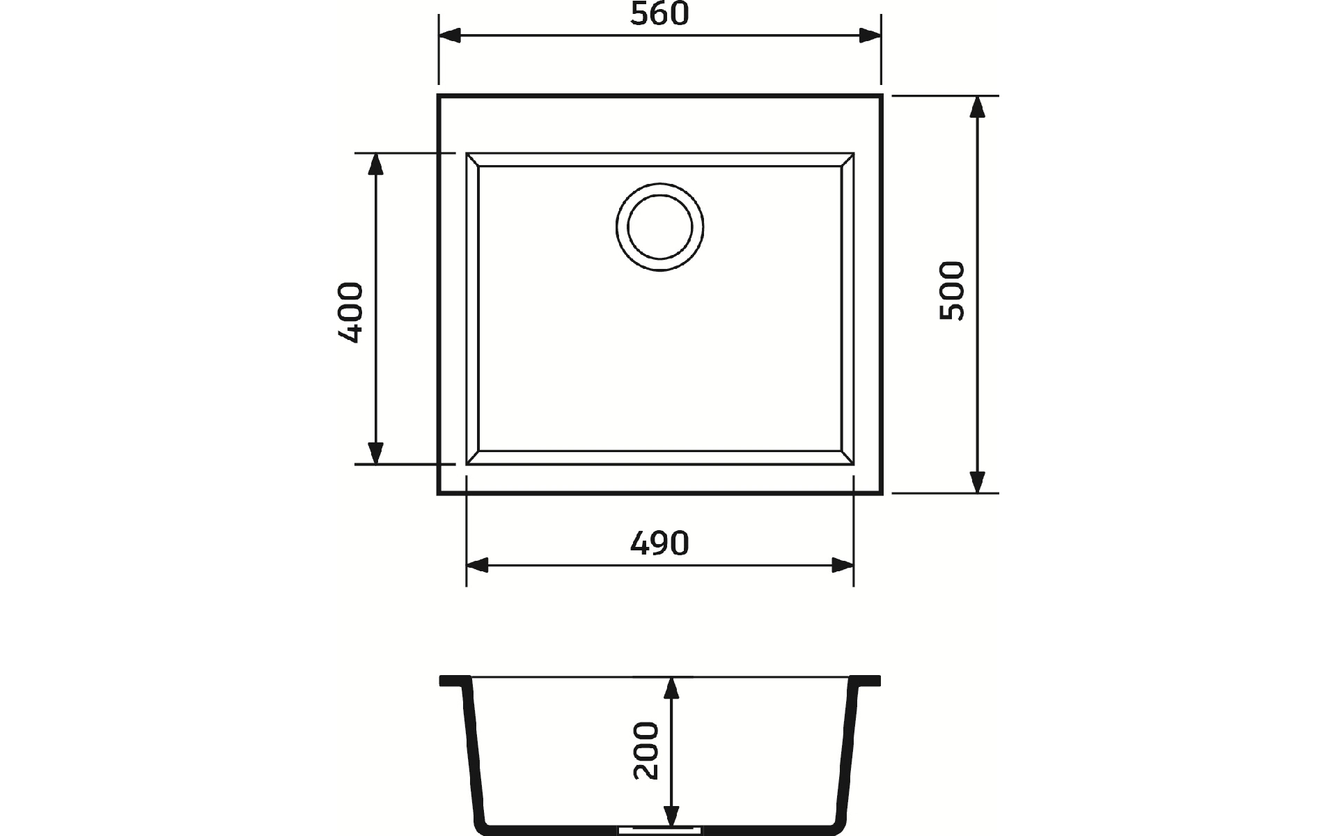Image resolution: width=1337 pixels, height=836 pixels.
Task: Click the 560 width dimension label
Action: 659,14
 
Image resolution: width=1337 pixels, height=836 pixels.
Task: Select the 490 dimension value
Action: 659,543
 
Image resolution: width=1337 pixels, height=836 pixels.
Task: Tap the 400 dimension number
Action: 350,312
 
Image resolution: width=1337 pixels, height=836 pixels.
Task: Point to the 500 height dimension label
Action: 952,291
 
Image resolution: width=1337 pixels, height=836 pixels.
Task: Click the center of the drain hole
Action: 659,227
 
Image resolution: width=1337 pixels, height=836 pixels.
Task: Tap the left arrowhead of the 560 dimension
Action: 450,36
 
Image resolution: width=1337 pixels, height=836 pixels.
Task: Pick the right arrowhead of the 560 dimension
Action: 870,36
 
